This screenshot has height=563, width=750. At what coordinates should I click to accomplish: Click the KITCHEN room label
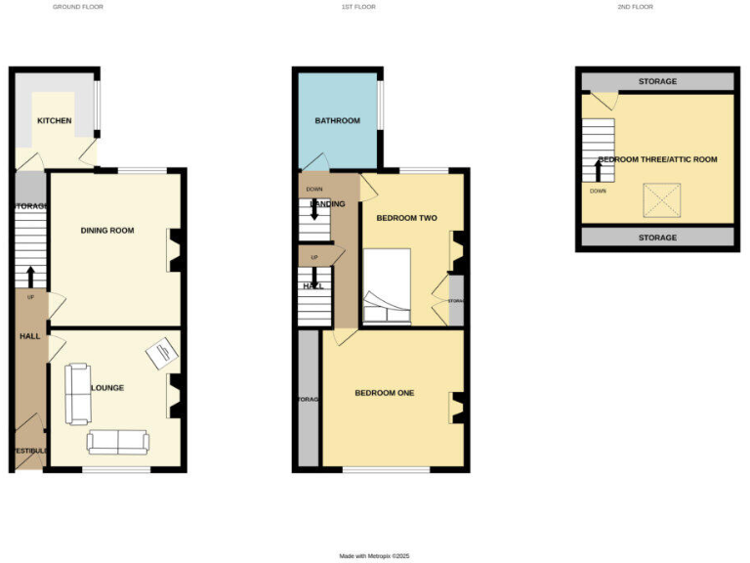[54, 121]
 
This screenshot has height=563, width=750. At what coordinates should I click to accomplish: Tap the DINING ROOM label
[107, 231]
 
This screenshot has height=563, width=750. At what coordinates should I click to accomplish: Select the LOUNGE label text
[107, 388]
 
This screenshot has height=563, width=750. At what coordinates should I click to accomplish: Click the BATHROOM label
[337, 121]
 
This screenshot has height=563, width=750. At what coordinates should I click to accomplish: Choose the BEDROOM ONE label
[384, 393]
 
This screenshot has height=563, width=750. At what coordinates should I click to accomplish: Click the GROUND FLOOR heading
[78, 7]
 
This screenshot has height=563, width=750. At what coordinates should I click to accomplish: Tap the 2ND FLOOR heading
[635, 7]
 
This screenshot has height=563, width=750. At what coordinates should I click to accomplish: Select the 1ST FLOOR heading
[358, 7]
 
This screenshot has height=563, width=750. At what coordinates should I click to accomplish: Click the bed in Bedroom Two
[388, 285]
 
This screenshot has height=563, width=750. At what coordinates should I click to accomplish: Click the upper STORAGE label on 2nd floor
[657, 81]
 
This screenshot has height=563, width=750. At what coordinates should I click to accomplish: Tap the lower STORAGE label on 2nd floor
[657, 238]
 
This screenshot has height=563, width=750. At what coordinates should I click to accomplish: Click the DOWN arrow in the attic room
[598, 170]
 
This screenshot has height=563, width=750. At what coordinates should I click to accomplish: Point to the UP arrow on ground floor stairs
[30, 278]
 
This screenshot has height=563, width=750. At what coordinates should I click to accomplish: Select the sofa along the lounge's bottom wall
[117, 442]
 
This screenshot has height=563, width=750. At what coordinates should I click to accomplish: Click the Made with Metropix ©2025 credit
[375, 555]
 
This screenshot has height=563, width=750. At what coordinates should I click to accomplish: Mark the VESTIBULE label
[29, 451]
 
